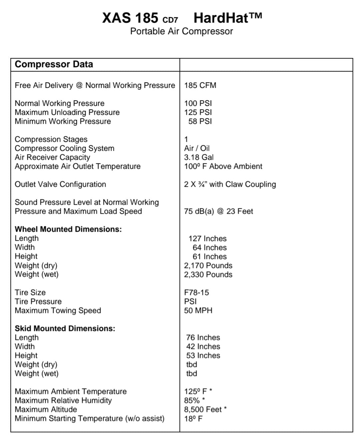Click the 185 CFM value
pyautogui.click(x=200, y=85)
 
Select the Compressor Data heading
pyautogui.click(x=54, y=64)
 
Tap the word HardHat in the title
pyautogui.click(x=221, y=18)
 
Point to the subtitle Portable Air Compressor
pyautogui.click(x=181, y=31)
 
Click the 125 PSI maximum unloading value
pyautogui.click(x=198, y=112)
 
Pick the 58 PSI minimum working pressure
pyautogui.click(x=200, y=121)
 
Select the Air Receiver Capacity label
pyautogui.click(x=52, y=157)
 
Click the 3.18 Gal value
pyautogui.click(x=199, y=157)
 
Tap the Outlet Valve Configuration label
pyautogui.click(x=60, y=184)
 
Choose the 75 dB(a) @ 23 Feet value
pyautogui.click(x=218, y=211)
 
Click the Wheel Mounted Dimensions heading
pyautogui.click(x=68, y=229)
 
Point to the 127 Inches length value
pyautogui.click(x=207, y=238)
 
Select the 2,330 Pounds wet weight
pyautogui.click(x=208, y=274)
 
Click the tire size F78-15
pyautogui.click(x=196, y=292)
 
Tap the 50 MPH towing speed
pyautogui.click(x=198, y=310)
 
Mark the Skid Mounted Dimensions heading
pyautogui.click(x=65, y=328)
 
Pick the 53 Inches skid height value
pyautogui.click(x=203, y=355)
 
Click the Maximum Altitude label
pyautogui.click(x=46, y=409)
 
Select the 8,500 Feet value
pyautogui.click(x=203, y=409)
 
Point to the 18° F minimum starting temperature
pyautogui.click(x=193, y=419)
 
